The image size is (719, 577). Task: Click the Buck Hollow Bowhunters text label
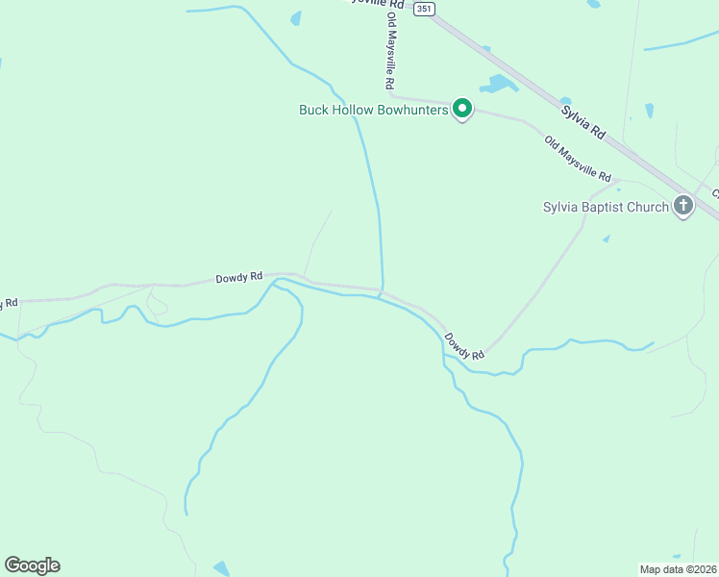tap(374, 110)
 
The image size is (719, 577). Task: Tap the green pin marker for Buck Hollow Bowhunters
tap(461, 109)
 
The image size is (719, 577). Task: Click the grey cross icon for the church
tap(683, 205)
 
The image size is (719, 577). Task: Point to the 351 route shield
tap(425, 9)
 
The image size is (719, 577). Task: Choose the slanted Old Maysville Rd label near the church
tap(578, 160)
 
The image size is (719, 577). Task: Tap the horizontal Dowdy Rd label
tap(238, 277)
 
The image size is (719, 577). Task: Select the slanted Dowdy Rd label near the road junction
tap(464, 347)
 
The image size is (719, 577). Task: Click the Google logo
tap(32, 565)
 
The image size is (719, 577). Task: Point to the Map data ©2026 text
tap(678, 568)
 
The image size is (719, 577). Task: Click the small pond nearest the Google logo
tap(221, 569)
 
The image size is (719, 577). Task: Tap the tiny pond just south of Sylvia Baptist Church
tap(607, 238)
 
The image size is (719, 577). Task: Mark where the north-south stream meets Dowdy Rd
tap(383, 289)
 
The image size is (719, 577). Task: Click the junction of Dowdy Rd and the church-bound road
tap(486, 351)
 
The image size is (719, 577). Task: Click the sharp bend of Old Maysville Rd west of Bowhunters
tap(391, 96)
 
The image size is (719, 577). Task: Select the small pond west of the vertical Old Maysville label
tap(296, 17)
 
